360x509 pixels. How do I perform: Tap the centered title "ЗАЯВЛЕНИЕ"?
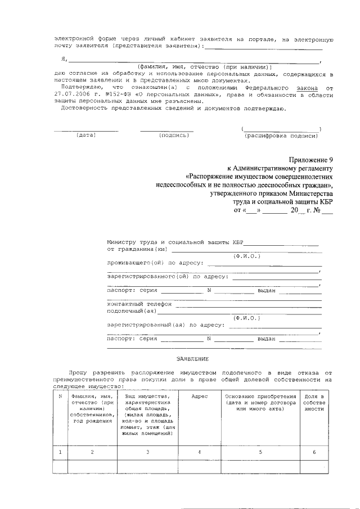tap(192, 358)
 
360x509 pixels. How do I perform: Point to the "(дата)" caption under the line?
tap(86, 136)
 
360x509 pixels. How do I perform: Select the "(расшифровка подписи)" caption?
tap(281, 136)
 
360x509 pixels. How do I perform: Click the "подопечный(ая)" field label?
tap(132, 310)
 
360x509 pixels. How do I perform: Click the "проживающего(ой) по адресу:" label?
tap(156, 263)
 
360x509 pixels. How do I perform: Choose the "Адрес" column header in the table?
tap(200, 397)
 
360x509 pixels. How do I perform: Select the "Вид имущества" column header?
tap(147, 397)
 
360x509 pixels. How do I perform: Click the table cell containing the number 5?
tap(260, 452)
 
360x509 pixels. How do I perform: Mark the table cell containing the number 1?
tap(60, 452)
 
